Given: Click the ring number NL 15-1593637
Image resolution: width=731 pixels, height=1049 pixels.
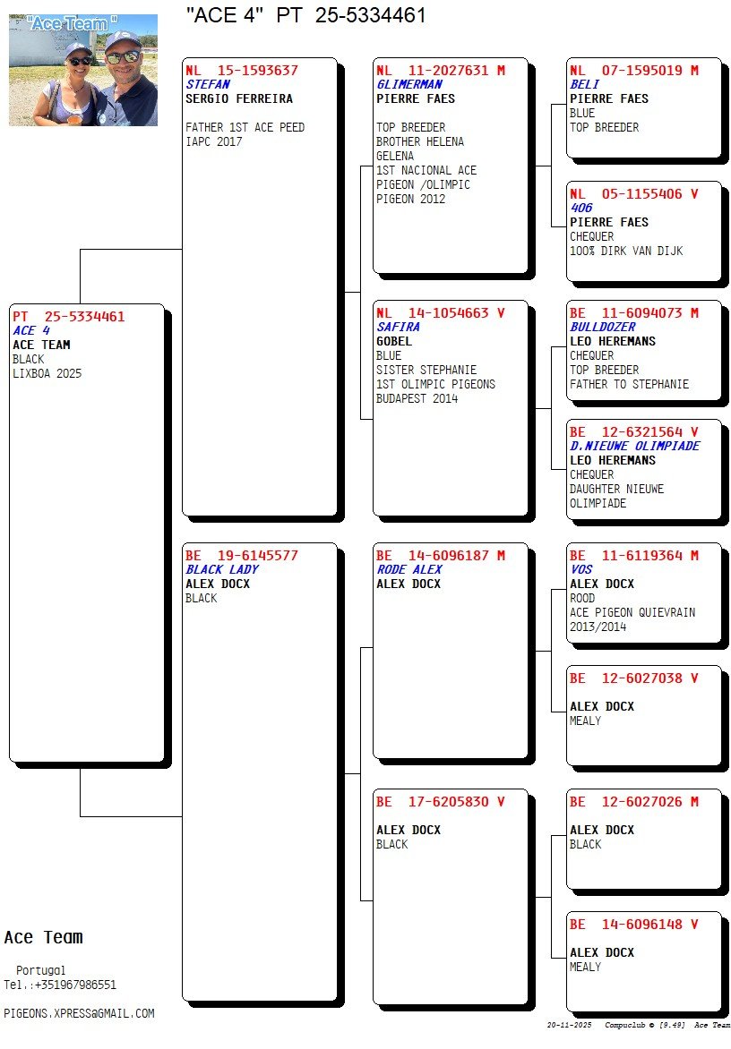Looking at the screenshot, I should [x=242, y=70].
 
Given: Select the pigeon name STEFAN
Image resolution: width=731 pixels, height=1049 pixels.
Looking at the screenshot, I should [x=208, y=84].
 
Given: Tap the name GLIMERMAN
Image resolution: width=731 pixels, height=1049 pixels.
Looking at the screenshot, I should [x=409, y=84].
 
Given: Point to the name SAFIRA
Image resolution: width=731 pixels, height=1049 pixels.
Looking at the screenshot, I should [x=398, y=327].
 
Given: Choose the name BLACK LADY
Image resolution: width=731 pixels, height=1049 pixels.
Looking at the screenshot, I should [x=221, y=569].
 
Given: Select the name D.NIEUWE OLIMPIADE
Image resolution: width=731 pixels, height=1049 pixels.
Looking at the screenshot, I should [x=634, y=446].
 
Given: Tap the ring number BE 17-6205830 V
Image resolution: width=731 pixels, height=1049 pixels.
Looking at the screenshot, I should [x=440, y=802].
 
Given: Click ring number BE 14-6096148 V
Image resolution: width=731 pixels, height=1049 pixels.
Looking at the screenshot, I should [x=633, y=925].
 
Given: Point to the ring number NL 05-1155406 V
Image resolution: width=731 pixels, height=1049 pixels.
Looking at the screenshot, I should [x=633, y=193].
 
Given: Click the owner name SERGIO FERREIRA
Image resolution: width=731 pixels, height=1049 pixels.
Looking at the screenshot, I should [x=239, y=98].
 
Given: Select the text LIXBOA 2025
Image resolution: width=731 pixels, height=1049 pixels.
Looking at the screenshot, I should [x=47, y=373].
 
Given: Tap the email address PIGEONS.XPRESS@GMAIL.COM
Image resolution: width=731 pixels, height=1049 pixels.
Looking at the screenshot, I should [x=79, y=1013].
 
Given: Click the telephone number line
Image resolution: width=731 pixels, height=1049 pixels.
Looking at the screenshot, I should [x=60, y=985].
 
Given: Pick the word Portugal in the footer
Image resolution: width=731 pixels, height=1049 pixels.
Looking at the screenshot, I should [x=41, y=970].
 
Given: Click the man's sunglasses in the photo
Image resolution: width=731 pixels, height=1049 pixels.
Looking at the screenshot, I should [x=123, y=56].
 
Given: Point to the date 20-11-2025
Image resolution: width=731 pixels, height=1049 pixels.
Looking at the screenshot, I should [x=570, y=1025].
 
